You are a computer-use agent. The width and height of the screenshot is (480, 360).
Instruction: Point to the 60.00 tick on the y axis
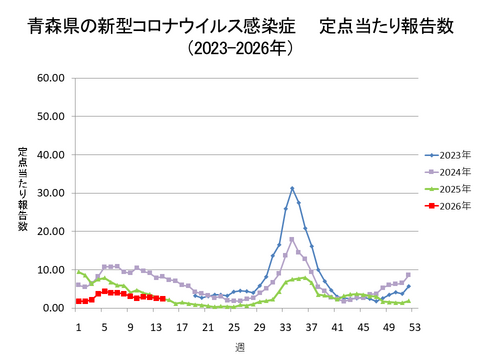pos(50,77)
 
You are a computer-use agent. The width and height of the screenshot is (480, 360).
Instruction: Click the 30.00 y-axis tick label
pos(50,193)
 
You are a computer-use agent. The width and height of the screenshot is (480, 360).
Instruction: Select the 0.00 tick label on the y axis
pos(53,308)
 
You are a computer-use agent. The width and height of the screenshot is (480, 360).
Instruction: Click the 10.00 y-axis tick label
pos(50,270)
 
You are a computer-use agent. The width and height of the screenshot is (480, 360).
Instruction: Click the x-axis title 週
pos(240,346)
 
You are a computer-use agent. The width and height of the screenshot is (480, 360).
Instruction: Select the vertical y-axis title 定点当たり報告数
pos(22,189)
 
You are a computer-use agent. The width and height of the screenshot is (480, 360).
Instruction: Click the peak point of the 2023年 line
pos(292,188)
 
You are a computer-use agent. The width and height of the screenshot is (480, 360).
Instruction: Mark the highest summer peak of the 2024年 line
pos(292,239)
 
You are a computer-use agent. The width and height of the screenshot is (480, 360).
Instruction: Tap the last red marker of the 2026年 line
pos(162,299)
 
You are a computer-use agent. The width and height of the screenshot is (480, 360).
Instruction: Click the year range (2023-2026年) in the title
pos(238,47)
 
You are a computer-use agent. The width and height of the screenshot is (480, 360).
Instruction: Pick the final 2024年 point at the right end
pos(408,275)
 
